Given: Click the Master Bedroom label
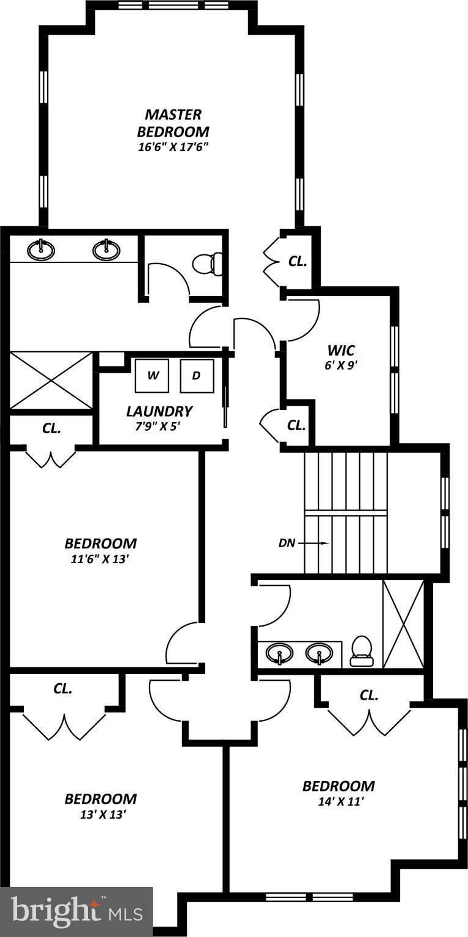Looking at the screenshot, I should pyautogui.click(x=173, y=123).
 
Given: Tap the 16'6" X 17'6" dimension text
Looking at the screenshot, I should pyautogui.click(x=173, y=147).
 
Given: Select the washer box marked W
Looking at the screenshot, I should pyautogui.click(x=152, y=375).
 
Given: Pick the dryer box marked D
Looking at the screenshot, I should pyautogui.click(x=196, y=375).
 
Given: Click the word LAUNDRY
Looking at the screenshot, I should pyautogui.click(x=159, y=411).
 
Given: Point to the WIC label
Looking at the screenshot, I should pyautogui.click(x=341, y=350).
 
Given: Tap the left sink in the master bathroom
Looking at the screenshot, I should pyautogui.click(x=42, y=249).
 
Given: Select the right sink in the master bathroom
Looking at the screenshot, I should pyautogui.click(x=106, y=249).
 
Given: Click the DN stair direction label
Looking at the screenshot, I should pyautogui.click(x=287, y=542).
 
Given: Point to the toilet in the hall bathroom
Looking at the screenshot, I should pyautogui.click(x=361, y=650).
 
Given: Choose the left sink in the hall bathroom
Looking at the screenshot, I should pyautogui.click(x=279, y=653).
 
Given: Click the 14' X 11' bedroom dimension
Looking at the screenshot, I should pyautogui.click(x=338, y=802).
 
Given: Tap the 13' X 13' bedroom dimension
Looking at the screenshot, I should pyautogui.click(x=101, y=814).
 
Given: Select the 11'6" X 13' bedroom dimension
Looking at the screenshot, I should pyautogui.click(x=101, y=559).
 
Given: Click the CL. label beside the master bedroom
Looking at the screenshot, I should pyautogui.click(x=298, y=261).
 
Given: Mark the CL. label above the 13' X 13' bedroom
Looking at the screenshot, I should pyautogui.click(x=62, y=689).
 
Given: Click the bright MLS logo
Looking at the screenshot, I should pyautogui.click(x=76, y=911).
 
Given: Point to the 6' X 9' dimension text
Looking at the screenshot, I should pyautogui.click(x=341, y=366).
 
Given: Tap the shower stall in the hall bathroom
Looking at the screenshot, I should pyautogui.click(x=403, y=623).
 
